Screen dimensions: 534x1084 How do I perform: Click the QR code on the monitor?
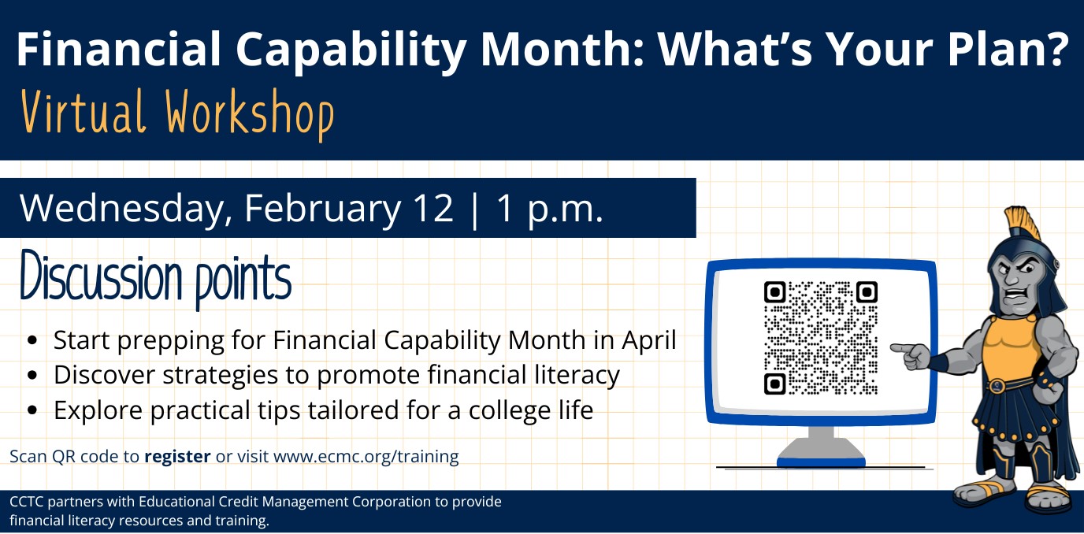820,337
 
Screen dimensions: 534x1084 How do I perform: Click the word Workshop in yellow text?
251,113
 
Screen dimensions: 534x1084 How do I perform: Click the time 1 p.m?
549,209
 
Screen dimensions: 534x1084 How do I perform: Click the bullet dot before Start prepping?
32,341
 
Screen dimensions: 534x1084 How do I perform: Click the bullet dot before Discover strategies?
32,376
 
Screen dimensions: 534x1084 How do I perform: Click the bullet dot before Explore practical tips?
32,410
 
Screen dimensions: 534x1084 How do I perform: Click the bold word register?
177,456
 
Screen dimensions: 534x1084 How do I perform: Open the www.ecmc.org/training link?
366,456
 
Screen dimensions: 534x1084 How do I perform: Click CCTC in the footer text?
27,502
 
